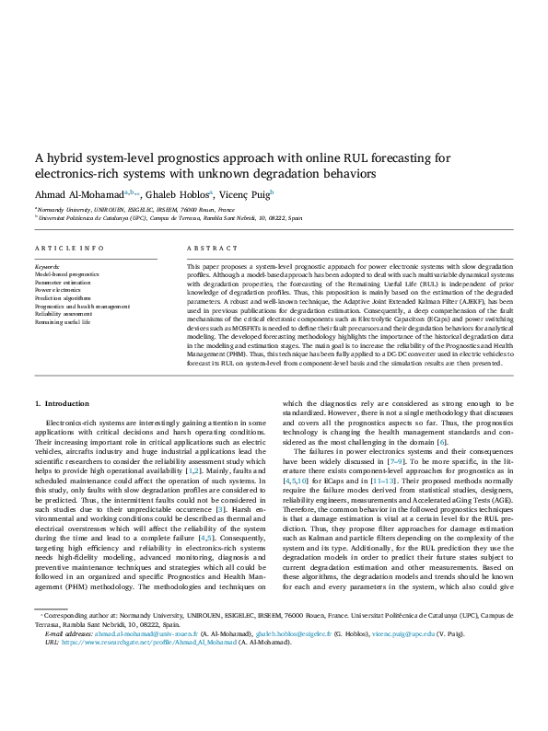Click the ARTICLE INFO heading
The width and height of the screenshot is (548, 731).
click(x=69, y=249)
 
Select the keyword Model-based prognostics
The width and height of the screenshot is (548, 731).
click(x=66, y=274)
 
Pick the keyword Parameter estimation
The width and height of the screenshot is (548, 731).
click(x=63, y=283)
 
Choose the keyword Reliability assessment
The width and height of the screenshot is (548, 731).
click(x=63, y=314)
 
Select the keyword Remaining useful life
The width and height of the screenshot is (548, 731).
click(x=63, y=322)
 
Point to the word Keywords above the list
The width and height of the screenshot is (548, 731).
click(x=46, y=266)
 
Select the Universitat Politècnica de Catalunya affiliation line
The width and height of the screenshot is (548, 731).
click(x=170, y=219)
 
